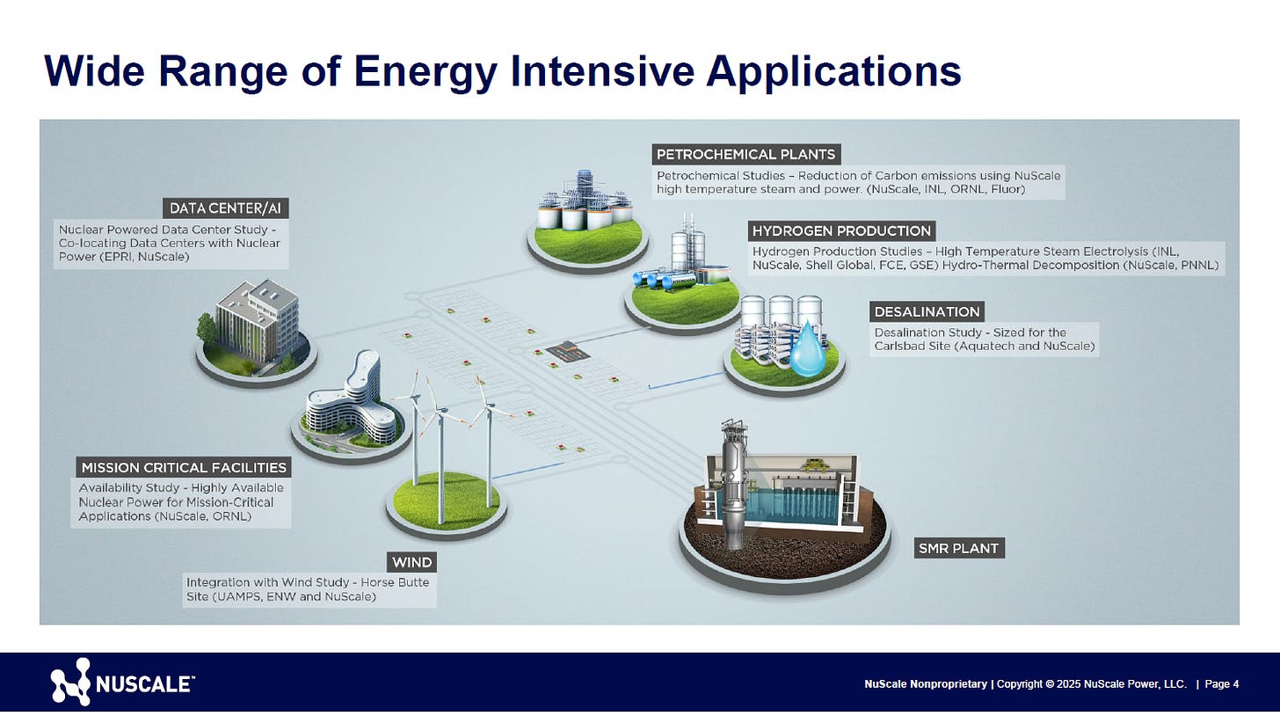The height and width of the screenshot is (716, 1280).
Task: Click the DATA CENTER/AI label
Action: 226,208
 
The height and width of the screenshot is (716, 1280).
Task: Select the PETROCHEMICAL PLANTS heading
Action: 745,155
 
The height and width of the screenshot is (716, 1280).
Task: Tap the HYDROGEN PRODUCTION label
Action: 841,230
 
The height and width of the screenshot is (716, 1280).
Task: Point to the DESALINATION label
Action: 927,311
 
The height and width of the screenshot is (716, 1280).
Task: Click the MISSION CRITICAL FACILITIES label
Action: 183,467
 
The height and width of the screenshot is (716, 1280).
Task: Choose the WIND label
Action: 412,562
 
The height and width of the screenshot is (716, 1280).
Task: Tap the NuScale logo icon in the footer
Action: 70,682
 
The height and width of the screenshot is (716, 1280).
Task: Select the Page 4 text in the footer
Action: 1221,683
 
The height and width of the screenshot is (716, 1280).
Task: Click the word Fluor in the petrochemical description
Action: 1007,189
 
